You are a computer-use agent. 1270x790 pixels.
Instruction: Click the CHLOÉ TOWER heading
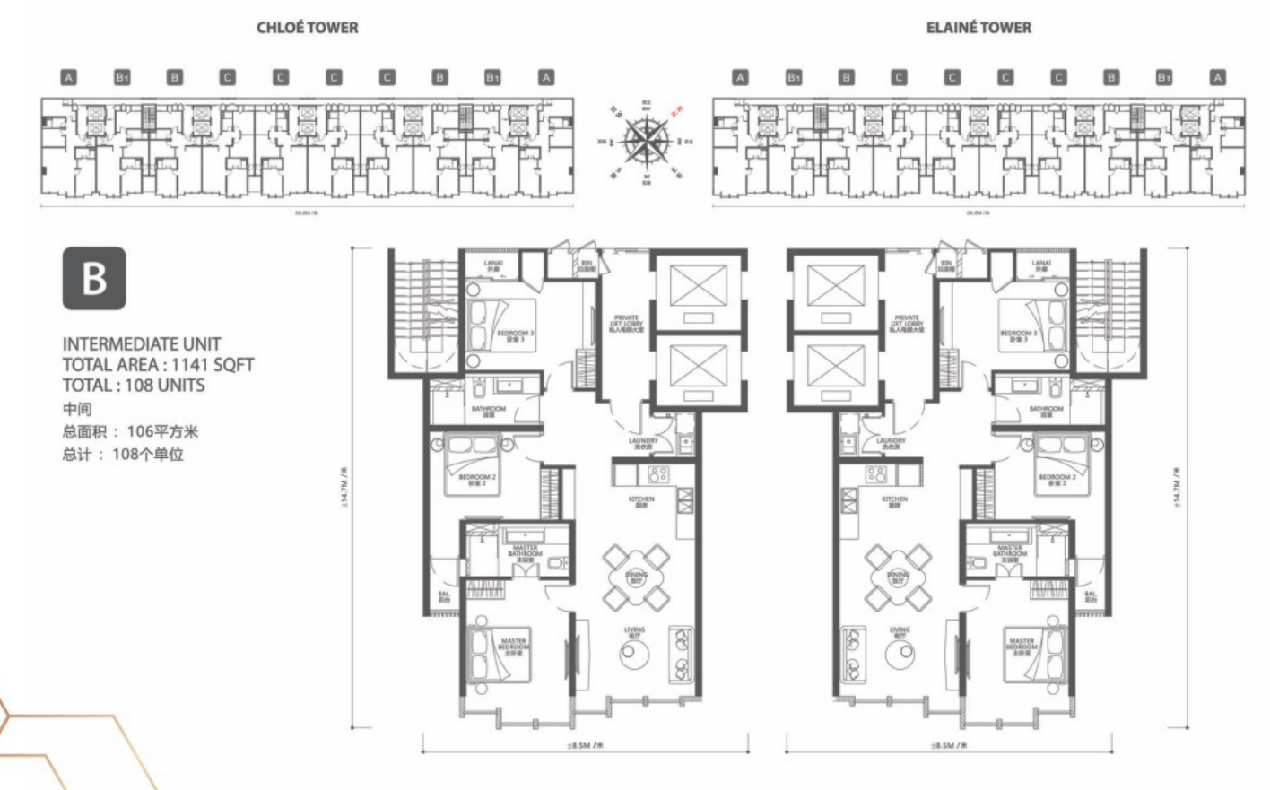(307, 28)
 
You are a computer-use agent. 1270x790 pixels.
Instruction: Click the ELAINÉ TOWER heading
(979, 28)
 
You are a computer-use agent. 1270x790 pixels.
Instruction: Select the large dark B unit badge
(94, 279)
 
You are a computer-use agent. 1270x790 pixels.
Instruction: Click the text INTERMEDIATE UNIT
(142, 343)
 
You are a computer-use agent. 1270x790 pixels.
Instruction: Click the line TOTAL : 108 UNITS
(134, 386)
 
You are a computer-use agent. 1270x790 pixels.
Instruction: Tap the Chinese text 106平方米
(162, 431)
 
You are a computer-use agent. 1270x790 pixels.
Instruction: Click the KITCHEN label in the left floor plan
(641, 500)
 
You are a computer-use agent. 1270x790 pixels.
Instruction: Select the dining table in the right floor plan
(898, 577)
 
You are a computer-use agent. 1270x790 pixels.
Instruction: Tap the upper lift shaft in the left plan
(697, 290)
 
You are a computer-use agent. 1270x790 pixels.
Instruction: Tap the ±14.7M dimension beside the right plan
(1179, 486)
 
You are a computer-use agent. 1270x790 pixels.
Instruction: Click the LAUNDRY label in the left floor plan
(643, 442)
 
